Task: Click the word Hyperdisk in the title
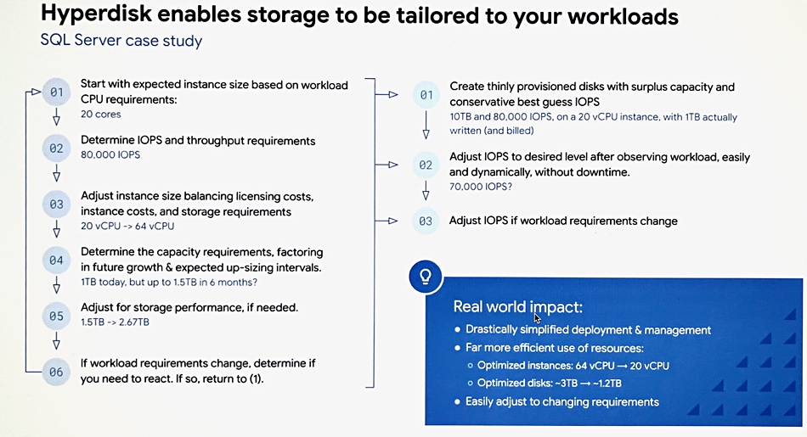tap(96, 15)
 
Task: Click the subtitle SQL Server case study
tap(121, 41)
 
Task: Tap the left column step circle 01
tap(57, 92)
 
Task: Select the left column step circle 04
tap(57, 261)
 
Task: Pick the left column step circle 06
tap(57, 372)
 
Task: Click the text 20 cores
tap(101, 115)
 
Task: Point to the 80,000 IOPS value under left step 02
tap(110, 154)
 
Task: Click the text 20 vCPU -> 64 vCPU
tap(127, 227)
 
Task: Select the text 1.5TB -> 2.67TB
tap(115, 322)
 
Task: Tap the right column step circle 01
tap(426, 95)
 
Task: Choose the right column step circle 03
tap(426, 221)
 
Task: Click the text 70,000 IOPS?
tap(481, 187)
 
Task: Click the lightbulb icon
tap(426, 277)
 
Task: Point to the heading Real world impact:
tap(518, 307)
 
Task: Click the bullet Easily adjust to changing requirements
tap(562, 402)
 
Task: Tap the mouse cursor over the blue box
tap(538, 317)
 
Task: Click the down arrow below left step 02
tap(57, 173)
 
